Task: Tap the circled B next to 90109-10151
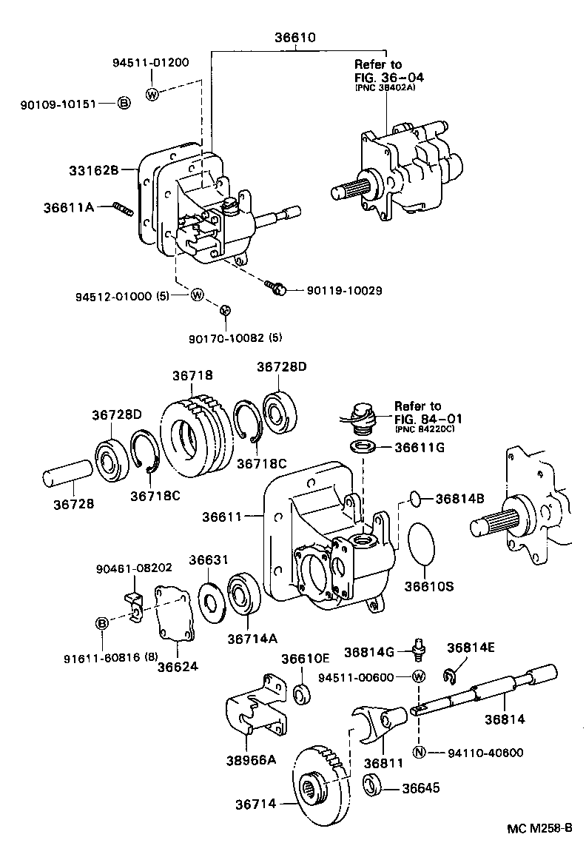124,103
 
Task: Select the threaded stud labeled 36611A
122,209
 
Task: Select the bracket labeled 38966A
255,710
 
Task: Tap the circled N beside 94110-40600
419,753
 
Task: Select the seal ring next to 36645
371,786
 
